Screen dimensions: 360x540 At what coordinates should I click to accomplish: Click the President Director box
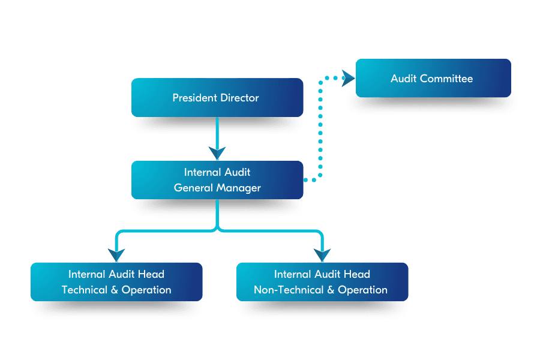(x=217, y=97)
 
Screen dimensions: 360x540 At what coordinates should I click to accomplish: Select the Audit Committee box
(x=433, y=78)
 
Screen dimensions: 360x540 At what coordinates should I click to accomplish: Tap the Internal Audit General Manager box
(x=217, y=180)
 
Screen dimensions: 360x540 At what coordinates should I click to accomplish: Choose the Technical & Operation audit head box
(x=116, y=282)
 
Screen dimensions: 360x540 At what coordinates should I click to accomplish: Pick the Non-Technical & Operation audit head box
(x=322, y=282)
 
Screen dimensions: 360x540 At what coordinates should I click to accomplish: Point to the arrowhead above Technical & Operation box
(x=116, y=254)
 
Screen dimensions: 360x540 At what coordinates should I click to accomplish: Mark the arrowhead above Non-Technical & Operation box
(x=322, y=254)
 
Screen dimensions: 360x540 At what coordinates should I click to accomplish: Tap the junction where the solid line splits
(x=217, y=229)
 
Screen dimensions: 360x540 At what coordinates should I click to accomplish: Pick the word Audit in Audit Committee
(x=404, y=79)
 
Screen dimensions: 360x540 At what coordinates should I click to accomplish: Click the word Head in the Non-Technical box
(x=358, y=274)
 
